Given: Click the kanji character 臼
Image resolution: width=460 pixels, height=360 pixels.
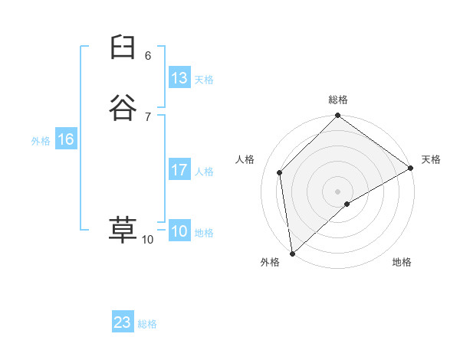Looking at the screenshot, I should [122, 48].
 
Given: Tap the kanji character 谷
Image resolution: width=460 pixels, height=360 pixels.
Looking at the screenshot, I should [122, 108].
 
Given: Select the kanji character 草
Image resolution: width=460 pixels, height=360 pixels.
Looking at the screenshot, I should [122, 230].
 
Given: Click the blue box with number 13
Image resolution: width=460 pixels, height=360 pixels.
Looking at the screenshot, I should [179, 78].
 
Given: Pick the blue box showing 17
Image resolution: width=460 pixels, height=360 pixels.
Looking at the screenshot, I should [179, 171].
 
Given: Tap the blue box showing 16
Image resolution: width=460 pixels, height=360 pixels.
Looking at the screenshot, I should [65, 140].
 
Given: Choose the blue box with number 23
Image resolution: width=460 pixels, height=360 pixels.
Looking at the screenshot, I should [123, 322].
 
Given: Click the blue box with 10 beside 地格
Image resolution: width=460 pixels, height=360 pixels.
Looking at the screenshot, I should [179, 232].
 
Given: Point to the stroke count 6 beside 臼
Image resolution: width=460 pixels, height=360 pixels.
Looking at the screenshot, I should [148, 56].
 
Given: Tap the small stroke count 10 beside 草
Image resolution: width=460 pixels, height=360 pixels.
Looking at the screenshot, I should [147, 240].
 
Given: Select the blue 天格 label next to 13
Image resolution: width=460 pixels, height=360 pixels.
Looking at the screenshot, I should [203, 80].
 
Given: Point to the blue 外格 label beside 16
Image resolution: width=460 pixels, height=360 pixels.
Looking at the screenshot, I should [41, 141].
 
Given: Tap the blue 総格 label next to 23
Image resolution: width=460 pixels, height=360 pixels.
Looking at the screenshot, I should [147, 324].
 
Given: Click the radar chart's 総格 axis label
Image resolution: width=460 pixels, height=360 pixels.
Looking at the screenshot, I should [338, 100].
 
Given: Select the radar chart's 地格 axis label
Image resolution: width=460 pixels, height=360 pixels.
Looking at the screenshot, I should [402, 262].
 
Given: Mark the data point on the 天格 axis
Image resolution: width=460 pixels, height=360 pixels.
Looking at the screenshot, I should [411, 168].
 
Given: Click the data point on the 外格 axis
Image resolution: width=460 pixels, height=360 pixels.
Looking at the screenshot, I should [292, 254].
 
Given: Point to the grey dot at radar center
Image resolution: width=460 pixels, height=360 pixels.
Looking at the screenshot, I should [338, 191].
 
